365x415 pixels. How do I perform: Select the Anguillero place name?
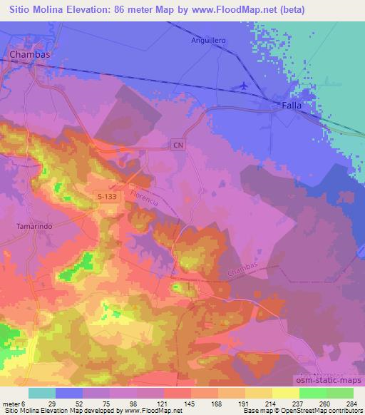tap(208, 41)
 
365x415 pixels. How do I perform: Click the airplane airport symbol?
tap(245, 86)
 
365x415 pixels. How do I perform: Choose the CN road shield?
tap(177, 145)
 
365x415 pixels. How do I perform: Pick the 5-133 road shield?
tap(108, 194)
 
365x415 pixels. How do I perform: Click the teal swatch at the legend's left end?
tap(42, 394)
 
